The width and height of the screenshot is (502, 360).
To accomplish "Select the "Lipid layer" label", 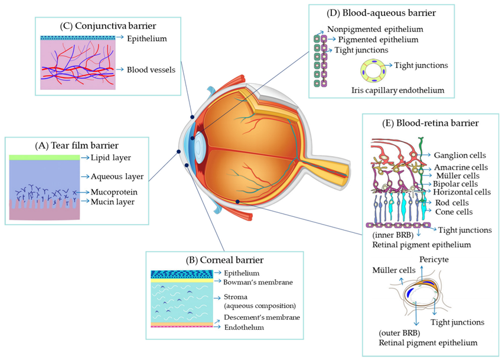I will [112, 157].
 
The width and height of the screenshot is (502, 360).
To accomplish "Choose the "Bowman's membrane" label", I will [259, 282].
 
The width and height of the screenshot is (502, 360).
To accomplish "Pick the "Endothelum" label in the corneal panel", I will [243, 327].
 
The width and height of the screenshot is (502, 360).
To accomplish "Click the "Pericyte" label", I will [435, 260].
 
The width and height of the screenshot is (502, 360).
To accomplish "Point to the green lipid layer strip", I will [44, 157].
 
